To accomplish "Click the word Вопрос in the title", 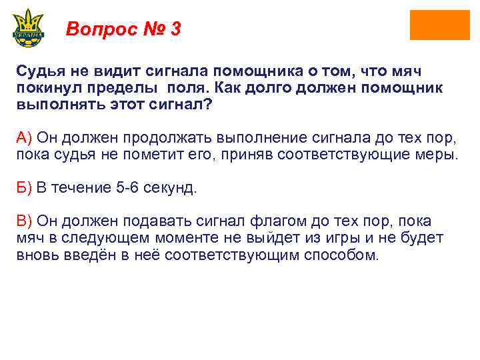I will (x=99, y=29).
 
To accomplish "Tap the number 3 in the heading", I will (x=175, y=29).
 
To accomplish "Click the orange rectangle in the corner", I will (x=439, y=25).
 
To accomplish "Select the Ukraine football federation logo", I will (x=28, y=27).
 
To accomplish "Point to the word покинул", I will (x=53, y=88).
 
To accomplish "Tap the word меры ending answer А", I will (x=439, y=155).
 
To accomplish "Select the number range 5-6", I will (x=131, y=188).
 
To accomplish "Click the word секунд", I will (x=173, y=188).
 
